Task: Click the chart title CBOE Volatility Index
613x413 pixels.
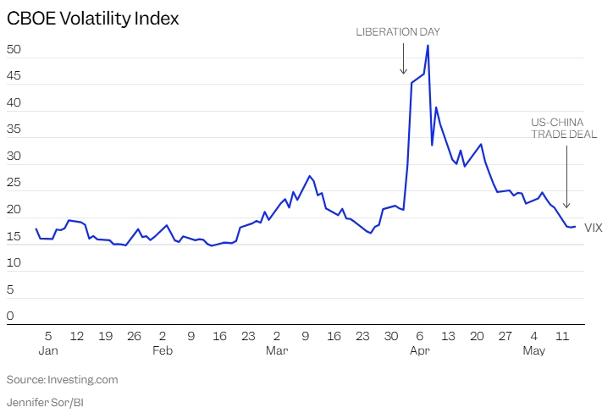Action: tap(93, 19)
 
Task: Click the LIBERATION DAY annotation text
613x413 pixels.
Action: tap(398, 32)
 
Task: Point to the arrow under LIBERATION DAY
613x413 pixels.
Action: tap(403, 59)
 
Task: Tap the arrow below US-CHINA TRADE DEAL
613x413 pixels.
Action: tap(566, 178)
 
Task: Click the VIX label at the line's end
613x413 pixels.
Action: tap(594, 227)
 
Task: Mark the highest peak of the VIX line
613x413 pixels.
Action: tap(428, 45)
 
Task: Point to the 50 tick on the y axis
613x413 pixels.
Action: tap(14, 50)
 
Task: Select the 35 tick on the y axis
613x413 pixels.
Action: tap(14, 129)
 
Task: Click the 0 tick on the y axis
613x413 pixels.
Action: tap(10, 317)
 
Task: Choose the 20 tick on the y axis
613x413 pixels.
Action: tap(14, 210)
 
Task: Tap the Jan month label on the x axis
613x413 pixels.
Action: tap(48, 350)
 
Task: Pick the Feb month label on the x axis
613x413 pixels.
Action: tap(163, 350)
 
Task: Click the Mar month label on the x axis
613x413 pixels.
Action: tap(277, 350)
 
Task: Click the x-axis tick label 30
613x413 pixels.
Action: tap(391, 335)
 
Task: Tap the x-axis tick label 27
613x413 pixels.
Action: tap(505, 335)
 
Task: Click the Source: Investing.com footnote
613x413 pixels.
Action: tap(63, 379)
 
